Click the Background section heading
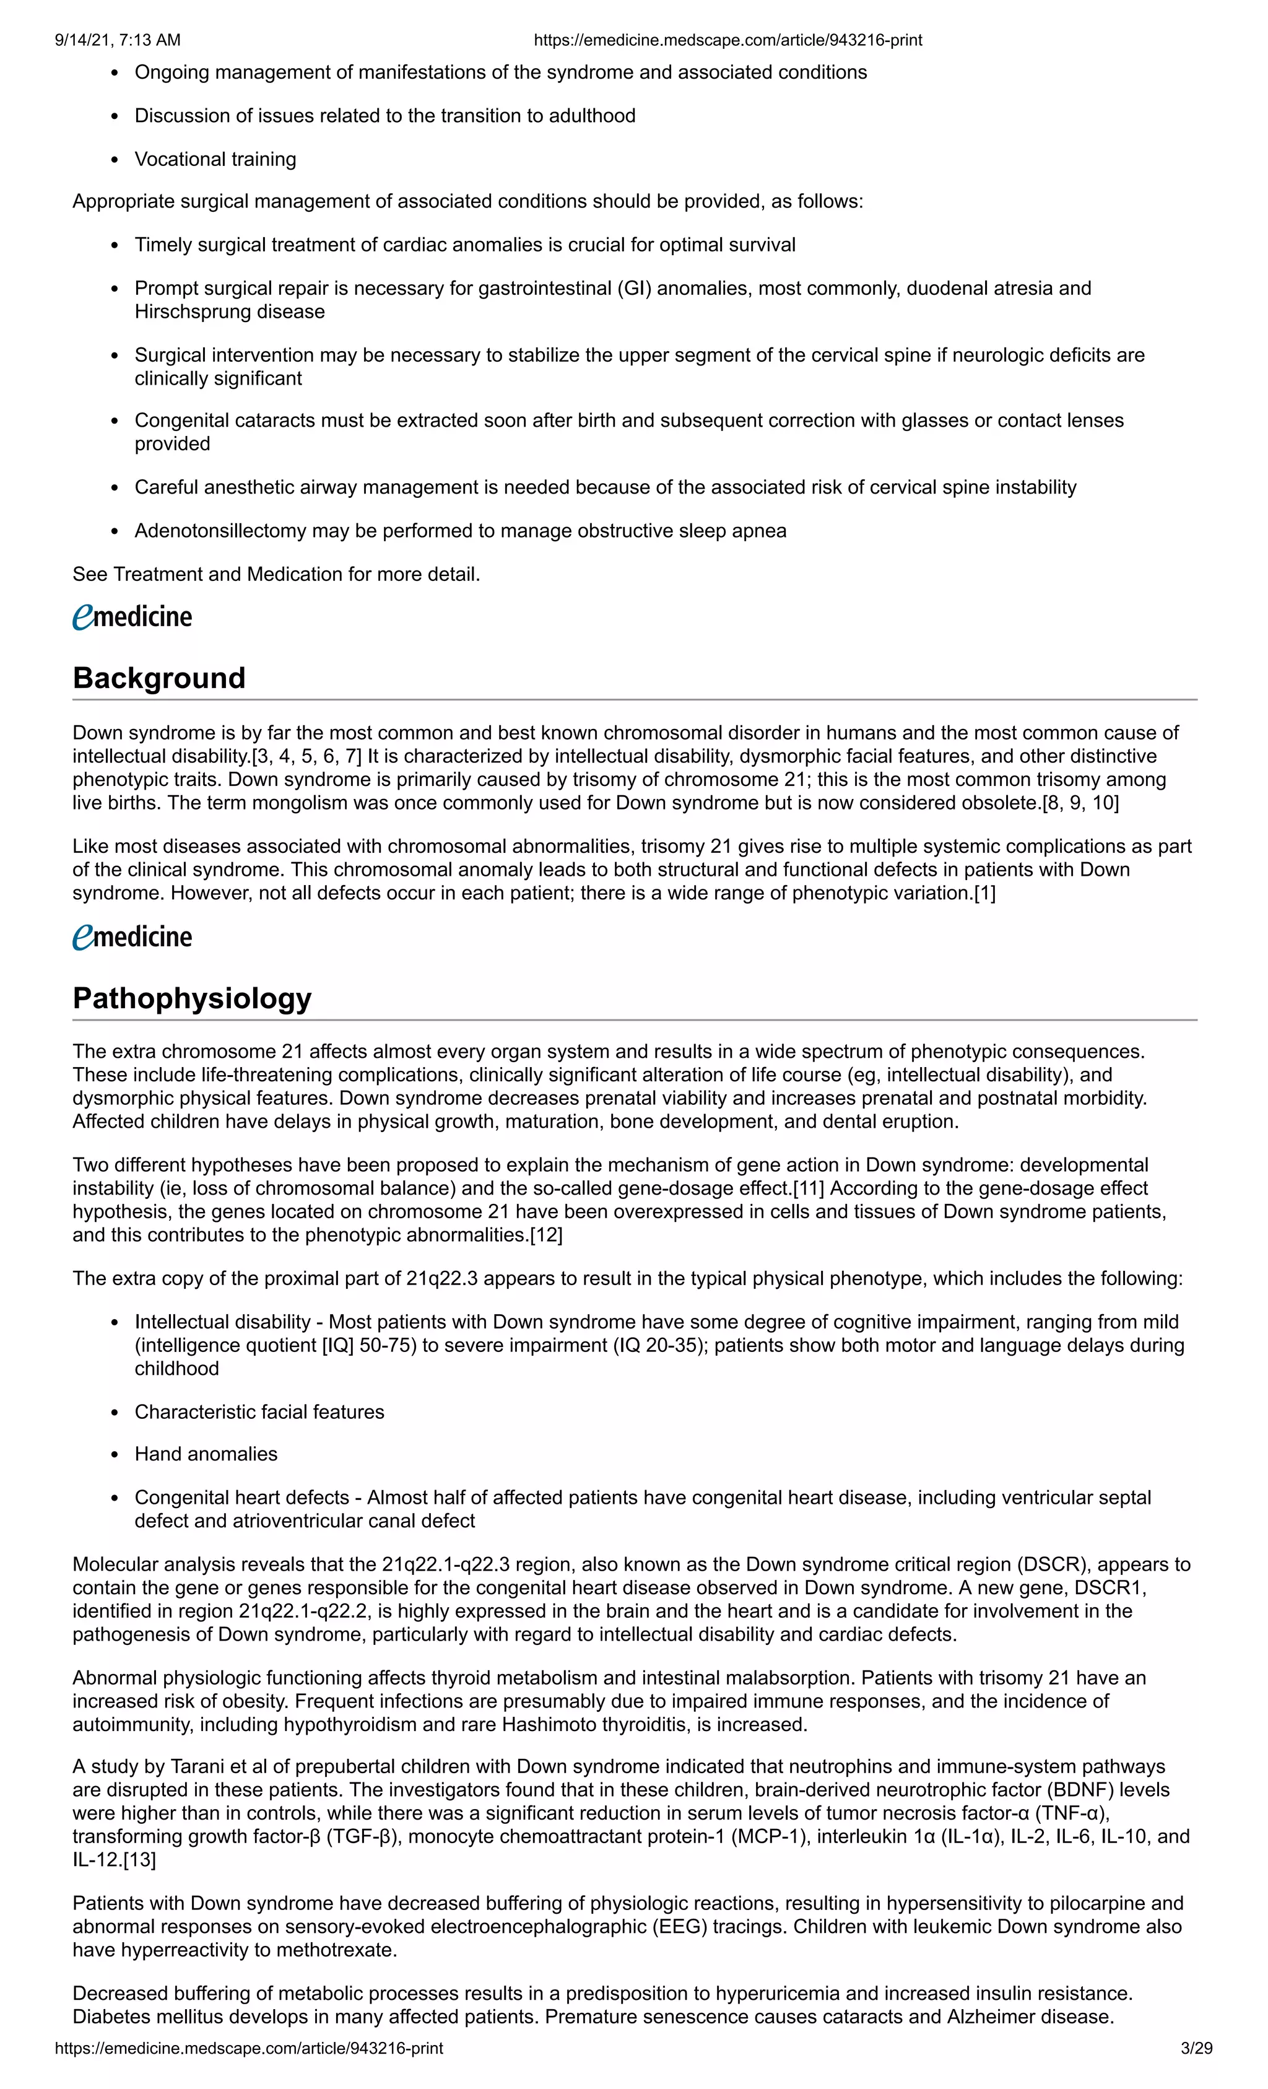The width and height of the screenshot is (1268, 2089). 158,678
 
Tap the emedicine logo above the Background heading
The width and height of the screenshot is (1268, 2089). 132,616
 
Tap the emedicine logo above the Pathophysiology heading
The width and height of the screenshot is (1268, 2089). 132,937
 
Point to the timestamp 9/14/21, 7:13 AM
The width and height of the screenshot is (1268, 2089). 117,40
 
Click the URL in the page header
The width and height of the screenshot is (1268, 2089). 727,40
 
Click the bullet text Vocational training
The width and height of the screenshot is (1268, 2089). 215,159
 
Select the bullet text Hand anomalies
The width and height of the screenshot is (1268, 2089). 206,1454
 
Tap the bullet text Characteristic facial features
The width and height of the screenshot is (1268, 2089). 259,1411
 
